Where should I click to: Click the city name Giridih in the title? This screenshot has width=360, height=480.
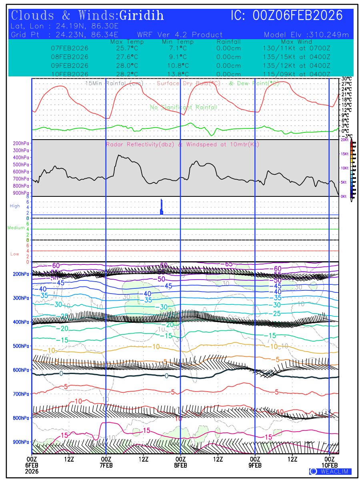coord(142,16)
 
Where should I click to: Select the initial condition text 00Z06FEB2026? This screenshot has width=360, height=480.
coord(298,16)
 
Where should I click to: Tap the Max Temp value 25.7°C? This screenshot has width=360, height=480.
coord(124,48)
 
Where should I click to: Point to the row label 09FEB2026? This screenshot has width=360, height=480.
coord(70,66)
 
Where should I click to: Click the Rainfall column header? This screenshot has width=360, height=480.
coord(228,42)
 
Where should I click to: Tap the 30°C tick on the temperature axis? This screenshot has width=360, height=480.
coord(346,79)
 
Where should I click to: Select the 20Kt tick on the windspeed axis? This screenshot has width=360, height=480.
coord(344,140)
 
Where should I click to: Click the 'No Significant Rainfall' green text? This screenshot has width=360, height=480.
coord(184,107)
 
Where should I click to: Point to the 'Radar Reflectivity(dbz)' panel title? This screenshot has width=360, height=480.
coord(140,144)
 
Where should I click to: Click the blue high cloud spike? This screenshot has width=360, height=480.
coord(162,207)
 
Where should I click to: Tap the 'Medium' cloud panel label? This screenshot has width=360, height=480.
coord(16,228)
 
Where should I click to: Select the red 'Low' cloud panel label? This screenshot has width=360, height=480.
coord(15,254)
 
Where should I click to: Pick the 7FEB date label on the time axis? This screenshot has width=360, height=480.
coord(106,466)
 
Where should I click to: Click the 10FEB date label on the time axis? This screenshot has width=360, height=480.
coord(329,466)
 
